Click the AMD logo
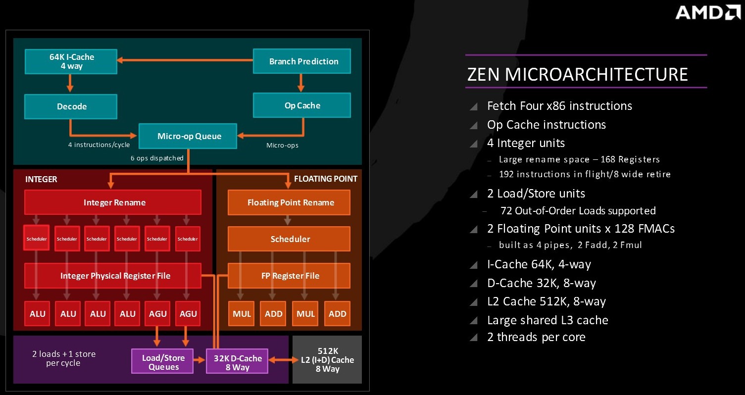tap(708, 12)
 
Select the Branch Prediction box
tap(301, 61)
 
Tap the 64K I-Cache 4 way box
tap(71, 61)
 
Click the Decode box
tap(71, 106)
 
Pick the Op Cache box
tap(301, 105)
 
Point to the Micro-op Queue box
tap(188, 136)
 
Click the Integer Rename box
tap(113, 202)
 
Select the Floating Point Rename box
tap(289, 202)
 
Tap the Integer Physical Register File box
tap(113, 276)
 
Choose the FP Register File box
tap(289, 276)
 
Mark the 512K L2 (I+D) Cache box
tap(327, 359)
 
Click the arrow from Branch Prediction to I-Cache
tap(185, 60)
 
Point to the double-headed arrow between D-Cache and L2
tap(283, 360)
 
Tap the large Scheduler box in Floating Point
tap(289, 239)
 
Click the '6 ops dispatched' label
tap(157, 158)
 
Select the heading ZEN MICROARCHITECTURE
tap(577, 74)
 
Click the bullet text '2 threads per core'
tap(536, 337)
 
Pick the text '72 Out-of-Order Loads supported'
tap(578, 210)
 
